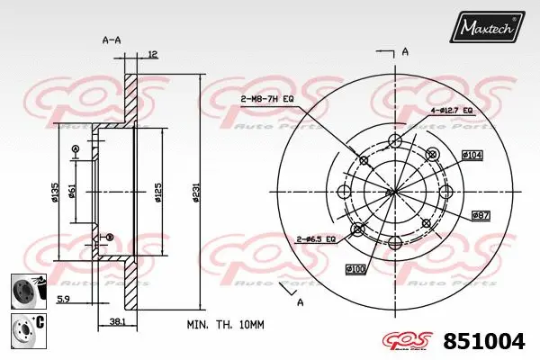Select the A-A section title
(112, 40)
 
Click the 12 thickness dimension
(152, 55)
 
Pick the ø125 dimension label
(157, 191)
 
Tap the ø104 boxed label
(473, 155)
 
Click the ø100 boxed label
(355, 269)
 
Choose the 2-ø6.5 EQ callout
(315, 239)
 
